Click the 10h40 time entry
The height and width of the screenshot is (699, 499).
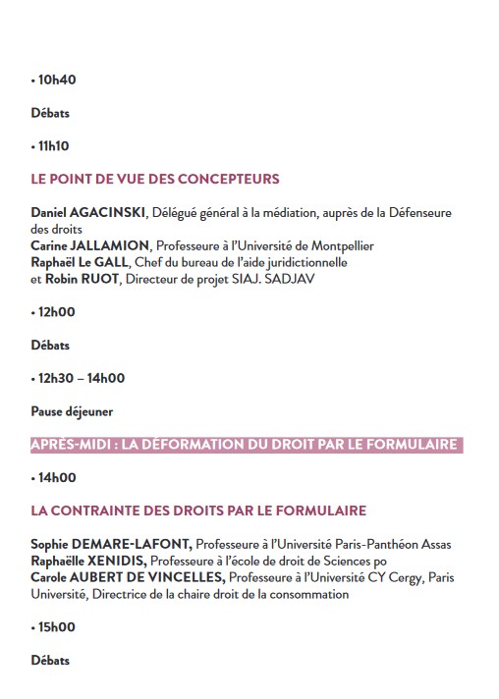(x=56, y=80)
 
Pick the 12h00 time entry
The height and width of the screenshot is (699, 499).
(x=56, y=312)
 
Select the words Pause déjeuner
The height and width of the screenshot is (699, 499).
(x=72, y=411)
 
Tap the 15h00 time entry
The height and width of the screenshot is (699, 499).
(x=56, y=627)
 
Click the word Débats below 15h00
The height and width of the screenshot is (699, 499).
(x=50, y=661)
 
